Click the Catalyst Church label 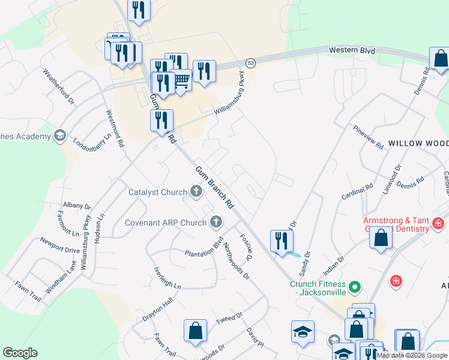[x=158, y=193]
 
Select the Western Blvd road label [x=352, y=50]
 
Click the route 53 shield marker [x=250, y=62]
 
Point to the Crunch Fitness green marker [x=355, y=287]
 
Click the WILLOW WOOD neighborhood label [x=418, y=143]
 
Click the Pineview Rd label [x=368, y=137]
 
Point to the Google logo [x=20, y=353]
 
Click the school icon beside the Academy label [x=59, y=136]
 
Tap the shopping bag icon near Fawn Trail [x=195, y=330]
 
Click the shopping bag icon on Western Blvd [x=441, y=59]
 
